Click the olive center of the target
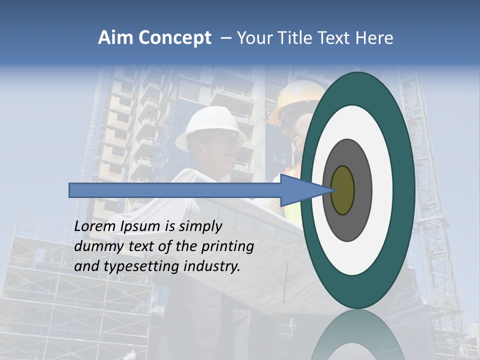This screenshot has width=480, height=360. pos(343,190)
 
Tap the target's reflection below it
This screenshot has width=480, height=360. pos(358,337)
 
